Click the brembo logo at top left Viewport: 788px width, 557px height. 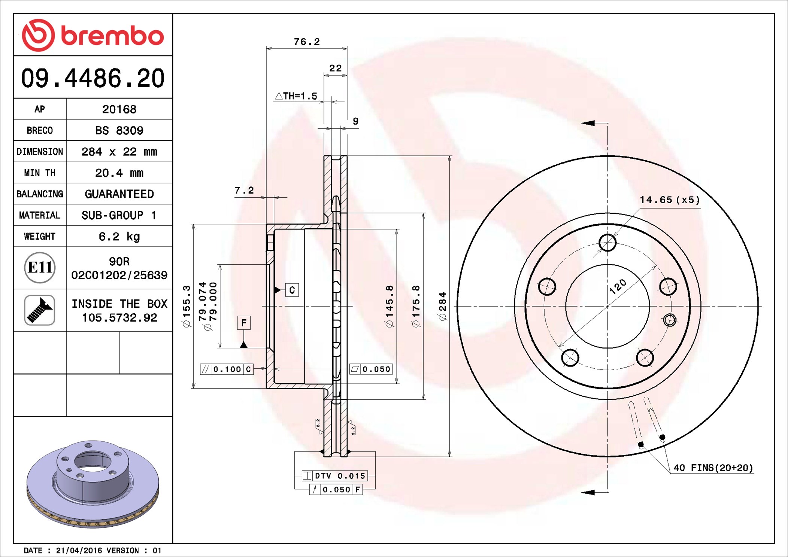point(93,35)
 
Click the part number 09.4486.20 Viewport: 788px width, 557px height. point(93,78)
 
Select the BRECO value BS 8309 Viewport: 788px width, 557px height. point(119,130)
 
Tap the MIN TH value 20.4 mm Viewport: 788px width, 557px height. point(119,173)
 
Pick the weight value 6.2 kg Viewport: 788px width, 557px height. point(119,237)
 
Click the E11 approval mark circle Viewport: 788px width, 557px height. point(40,268)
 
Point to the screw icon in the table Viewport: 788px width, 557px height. point(40,310)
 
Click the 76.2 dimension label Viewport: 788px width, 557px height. point(307,42)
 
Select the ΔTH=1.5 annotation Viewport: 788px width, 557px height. point(296,96)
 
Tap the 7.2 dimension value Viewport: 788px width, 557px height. point(244,191)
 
